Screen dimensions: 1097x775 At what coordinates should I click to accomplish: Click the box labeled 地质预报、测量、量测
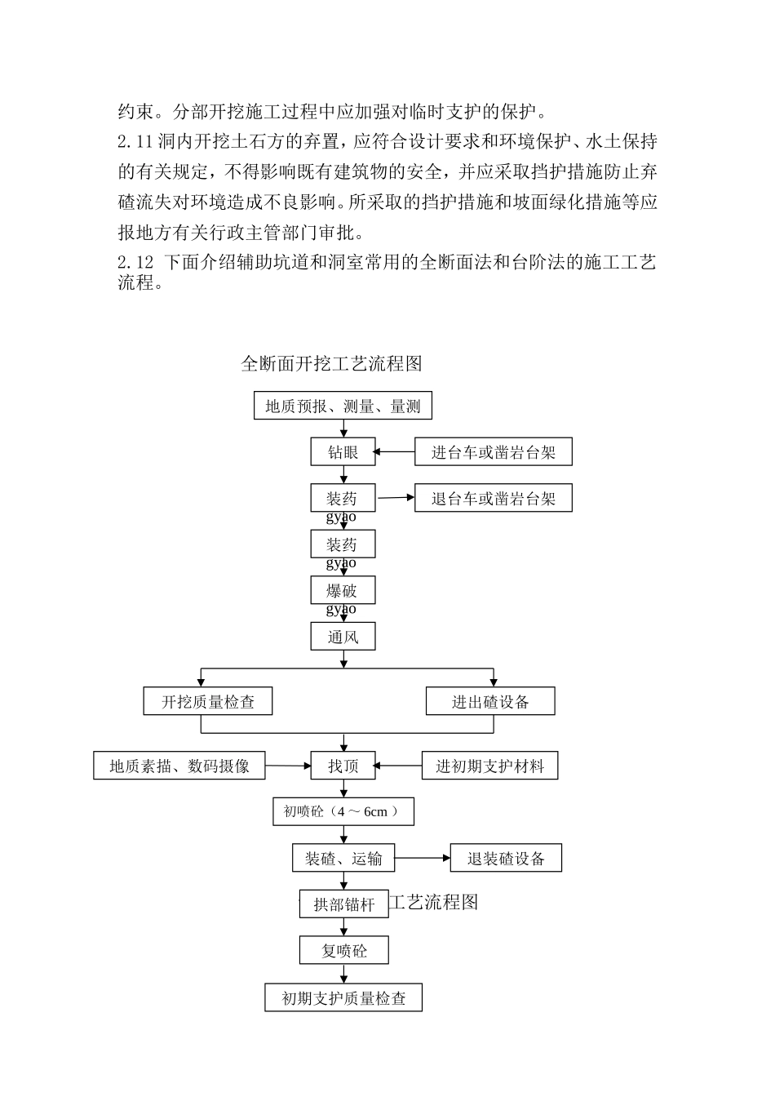point(343,406)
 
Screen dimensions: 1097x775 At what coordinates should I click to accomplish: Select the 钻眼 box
point(343,451)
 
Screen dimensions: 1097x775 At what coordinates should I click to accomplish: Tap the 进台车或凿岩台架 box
point(493,451)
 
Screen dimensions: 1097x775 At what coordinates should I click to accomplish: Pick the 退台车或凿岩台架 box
point(493,498)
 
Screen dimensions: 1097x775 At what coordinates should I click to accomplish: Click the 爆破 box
point(343,590)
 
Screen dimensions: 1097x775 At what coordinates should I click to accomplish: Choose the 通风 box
point(343,636)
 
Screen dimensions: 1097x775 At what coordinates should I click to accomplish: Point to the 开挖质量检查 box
point(208,701)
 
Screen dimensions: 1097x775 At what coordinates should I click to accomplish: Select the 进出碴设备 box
point(490,701)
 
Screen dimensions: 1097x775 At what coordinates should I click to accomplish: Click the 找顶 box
point(343,766)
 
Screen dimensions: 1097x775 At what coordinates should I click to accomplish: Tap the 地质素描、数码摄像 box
point(179,766)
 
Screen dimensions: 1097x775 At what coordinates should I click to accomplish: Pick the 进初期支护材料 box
point(489,766)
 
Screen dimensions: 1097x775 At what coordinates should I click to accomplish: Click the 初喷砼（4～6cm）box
point(343,811)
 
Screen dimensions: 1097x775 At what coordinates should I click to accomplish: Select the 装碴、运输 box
point(343,858)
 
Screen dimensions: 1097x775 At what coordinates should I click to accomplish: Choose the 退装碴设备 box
point(506,858)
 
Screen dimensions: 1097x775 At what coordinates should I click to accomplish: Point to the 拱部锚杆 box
point(343,904)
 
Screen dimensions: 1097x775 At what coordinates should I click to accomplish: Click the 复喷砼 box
point(343,950)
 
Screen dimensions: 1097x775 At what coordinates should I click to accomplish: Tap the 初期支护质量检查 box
point(343,997)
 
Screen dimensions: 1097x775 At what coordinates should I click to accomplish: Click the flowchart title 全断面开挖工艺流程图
point(331,363)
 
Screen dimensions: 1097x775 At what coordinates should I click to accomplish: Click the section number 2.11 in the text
point(135,142)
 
